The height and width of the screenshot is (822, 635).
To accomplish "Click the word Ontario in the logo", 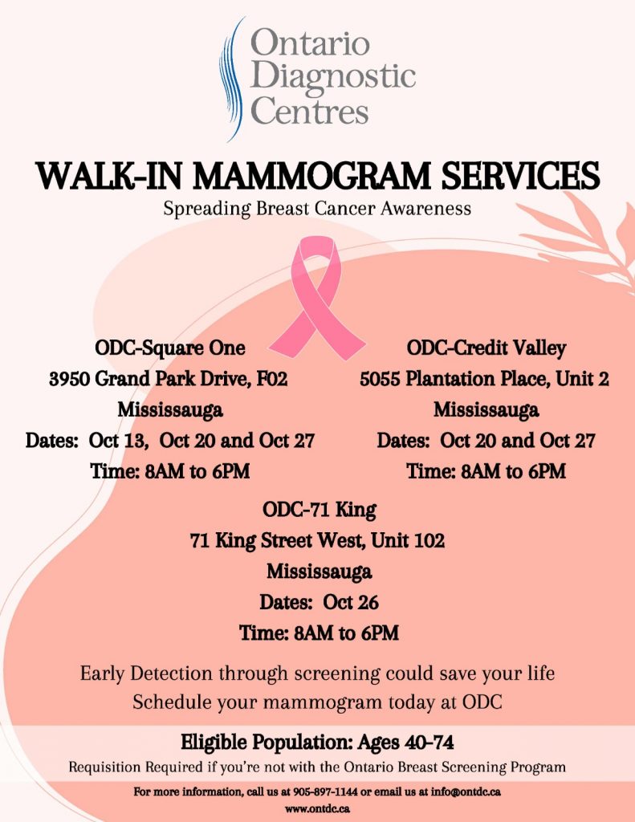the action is (310, 43).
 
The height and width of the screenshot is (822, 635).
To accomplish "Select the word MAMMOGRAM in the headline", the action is (312, 176).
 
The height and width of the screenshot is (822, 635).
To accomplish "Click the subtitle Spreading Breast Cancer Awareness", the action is (317, 209).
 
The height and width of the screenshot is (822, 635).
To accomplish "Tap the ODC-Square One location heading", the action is (170, 348).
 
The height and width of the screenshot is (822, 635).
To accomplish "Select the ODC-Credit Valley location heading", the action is (486, 348).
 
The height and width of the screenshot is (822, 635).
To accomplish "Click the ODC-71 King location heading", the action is (319, 510).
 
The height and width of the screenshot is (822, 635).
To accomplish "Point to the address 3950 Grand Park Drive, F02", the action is (169, 379).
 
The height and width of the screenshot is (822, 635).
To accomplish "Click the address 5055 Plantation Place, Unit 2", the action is (485, 379).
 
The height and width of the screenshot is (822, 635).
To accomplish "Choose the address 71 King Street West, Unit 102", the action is (317, 540).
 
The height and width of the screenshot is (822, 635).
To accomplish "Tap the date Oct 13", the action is (117, 441).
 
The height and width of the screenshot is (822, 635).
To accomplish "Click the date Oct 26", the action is (350, 602).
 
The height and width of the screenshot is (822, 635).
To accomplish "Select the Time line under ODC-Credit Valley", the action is (486, 471).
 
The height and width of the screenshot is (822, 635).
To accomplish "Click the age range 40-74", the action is (429, 743).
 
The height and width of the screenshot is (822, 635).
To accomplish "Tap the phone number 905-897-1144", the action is (326, 791).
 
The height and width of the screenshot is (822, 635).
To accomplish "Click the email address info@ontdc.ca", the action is (466, 791).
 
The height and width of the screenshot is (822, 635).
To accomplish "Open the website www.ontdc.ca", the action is (317, 809).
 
